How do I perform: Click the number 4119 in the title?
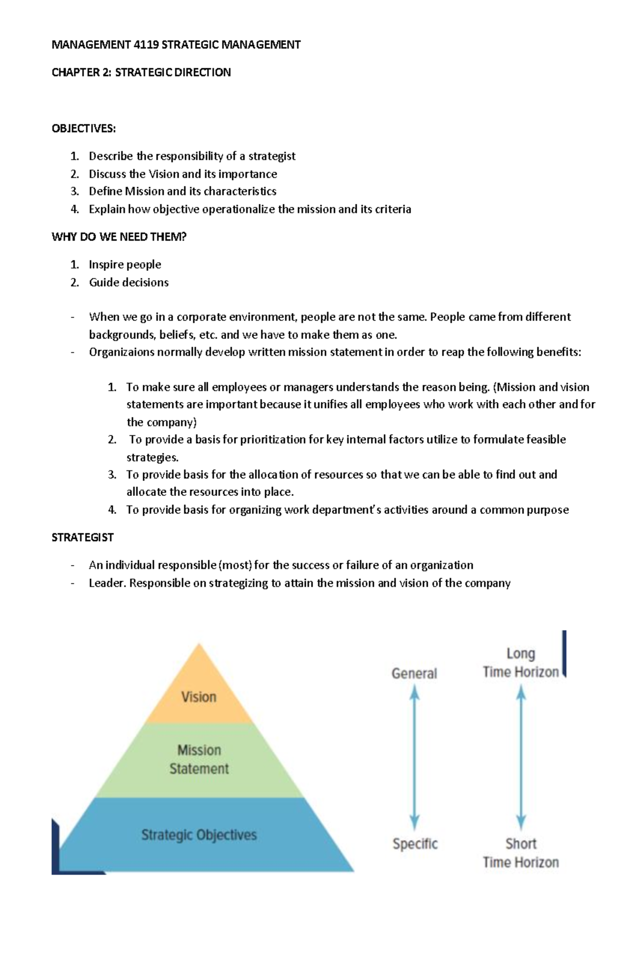[x=146, y=44]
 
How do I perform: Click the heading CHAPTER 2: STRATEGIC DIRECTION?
[x=141, y=72]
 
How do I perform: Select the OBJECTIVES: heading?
[x=83, y=128]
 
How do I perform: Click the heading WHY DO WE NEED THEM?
[x=119, y=237]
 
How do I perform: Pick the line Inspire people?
[x=125, y=264]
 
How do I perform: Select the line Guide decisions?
[x=128, y=282]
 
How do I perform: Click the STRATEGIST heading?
[x=82, y=537]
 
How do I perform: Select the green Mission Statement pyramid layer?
[x=199, y=759]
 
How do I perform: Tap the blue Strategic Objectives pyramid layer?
[x=199, y=835]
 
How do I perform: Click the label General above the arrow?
[x=414, y=673]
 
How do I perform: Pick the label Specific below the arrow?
[x=415, y=843]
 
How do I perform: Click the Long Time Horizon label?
[x=520, y=663]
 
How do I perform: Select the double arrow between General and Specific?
[x=414, y=757]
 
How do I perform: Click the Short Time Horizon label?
[x=520, y=852]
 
